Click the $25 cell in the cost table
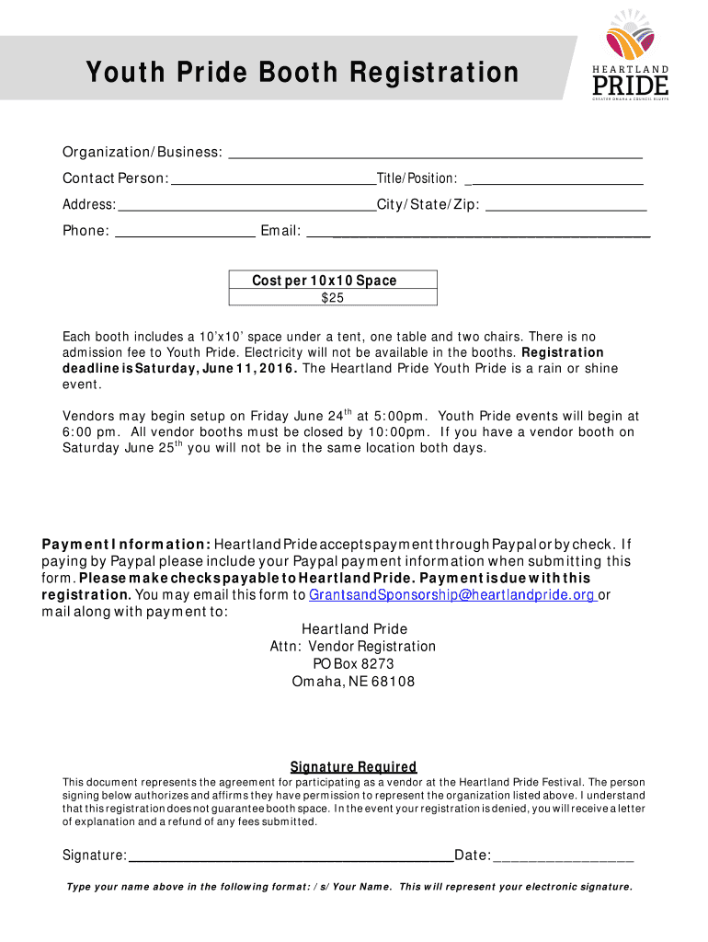click(x=332, y=298)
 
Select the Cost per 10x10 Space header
click(x=332, y=281)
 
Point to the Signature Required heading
click(x=353, y=767)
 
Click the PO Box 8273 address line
click(x=353, y=664)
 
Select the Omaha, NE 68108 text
click(x=353, y=682)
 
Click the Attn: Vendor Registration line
click(x=353, y=647)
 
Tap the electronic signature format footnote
click(x=348, y=888)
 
